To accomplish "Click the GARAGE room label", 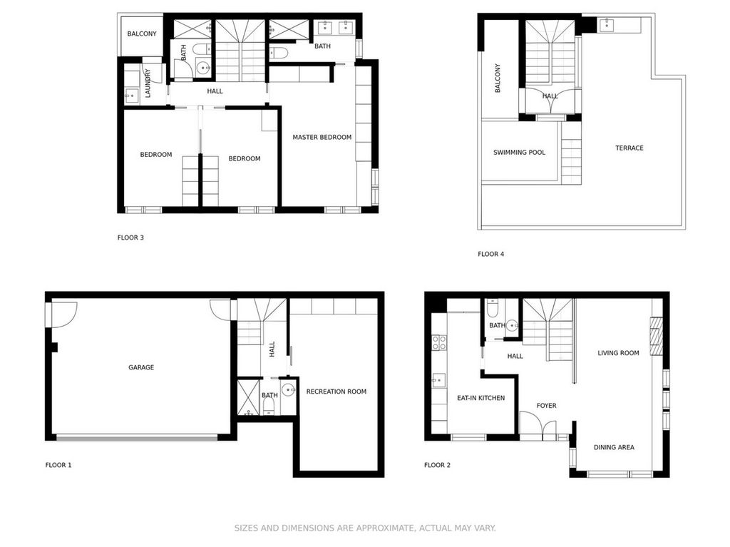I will [x=141, y=368].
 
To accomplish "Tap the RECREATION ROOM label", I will [x=336, y=392].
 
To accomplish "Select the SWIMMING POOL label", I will [x=519, y=153].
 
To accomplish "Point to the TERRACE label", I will [x=629, y=148].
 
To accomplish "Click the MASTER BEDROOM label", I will [x=322, y=138].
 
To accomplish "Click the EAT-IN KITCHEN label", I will [x=480, y=398].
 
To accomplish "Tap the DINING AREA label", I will [x=614, y=448].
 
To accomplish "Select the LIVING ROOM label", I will [x=618, y=353].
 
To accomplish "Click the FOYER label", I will [x=546, y=406].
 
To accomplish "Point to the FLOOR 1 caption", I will [x=58, y=466].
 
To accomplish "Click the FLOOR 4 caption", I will [x=490, y=254].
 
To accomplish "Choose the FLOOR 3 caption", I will [x=130, y=237].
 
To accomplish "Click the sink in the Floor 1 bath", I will [x=288, y=389].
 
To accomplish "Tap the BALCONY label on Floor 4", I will [x=498, y=78].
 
